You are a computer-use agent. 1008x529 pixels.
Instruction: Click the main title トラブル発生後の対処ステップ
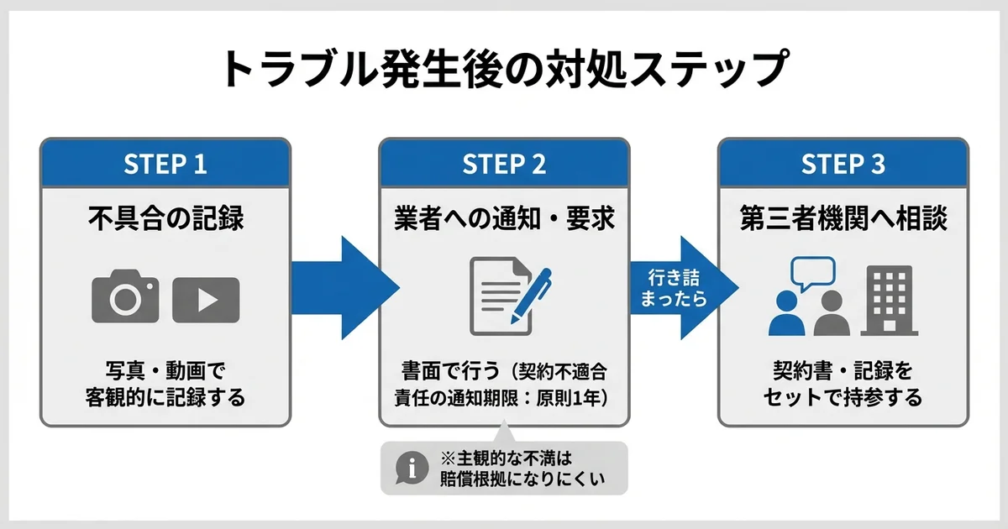click(x=504, y=69)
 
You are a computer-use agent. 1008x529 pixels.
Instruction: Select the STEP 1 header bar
click(x=165, y=164)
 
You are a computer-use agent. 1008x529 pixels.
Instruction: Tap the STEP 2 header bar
click(x=504, y=164)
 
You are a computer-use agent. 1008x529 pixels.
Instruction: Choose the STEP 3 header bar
click(x=843, y=164)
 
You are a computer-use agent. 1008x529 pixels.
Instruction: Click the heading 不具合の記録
click(x=165, y=219)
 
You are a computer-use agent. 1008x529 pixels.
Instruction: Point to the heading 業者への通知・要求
click(x=504, y=219)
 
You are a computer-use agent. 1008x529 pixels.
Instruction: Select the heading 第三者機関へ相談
click(x=843, y=219)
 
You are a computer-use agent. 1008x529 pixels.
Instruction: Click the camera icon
click(x=125, y=296)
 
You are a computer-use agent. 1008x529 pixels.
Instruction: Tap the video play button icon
click(x=206, y=300)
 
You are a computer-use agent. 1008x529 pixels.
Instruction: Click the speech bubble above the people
click(x=812, y=272)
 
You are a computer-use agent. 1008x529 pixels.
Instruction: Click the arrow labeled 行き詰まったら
click(x=679, y=287)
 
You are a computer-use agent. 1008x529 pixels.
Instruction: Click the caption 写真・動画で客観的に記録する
click(x=165, y=384)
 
